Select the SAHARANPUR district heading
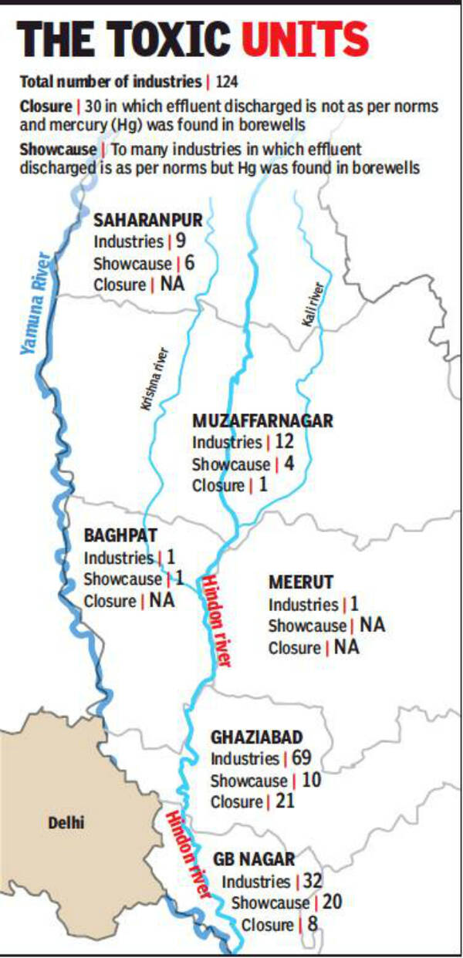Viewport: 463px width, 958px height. (x=147, y=221)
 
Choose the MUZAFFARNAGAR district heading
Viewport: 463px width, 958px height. (x=262, y=421)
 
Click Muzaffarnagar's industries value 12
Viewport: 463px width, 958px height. (x=283, y=443)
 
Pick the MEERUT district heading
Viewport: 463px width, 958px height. (x=300, y=582)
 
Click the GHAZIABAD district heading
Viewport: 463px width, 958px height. (x=256, y=737)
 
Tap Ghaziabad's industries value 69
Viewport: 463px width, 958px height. (x=302, y=759)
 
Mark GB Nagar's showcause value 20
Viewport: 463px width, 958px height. (x=333, y=902)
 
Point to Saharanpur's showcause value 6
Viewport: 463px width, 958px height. (x=190, y=263)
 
